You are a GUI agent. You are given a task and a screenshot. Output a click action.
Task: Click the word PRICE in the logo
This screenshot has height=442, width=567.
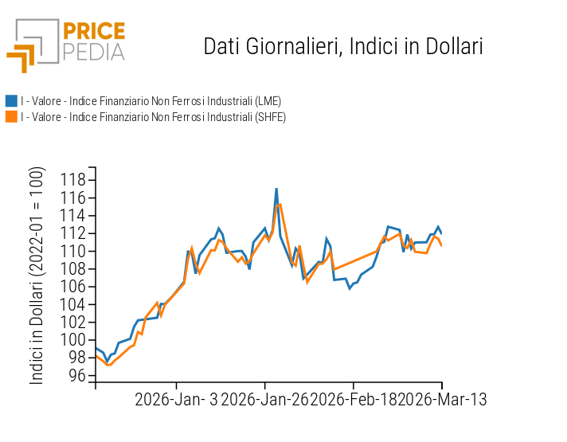[93, 32]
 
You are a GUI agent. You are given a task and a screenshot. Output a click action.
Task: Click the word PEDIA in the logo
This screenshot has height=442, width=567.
[93, 52]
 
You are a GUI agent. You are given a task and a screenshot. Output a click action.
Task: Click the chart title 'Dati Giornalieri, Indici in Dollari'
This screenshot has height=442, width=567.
[343, 45]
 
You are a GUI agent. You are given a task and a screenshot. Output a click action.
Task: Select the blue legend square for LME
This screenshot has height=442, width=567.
[11, 101]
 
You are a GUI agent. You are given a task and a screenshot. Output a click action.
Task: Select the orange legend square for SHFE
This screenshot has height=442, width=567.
[11, 117]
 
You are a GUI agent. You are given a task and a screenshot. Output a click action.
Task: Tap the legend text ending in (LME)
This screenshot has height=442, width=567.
[151, 101]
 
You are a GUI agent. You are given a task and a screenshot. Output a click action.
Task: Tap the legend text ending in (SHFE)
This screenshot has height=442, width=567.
[153, 117]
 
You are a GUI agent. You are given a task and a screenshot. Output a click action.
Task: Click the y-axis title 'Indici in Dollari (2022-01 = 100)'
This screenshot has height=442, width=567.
[37, 276]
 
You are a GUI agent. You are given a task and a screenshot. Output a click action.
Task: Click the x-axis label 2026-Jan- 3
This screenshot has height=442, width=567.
[176, 399]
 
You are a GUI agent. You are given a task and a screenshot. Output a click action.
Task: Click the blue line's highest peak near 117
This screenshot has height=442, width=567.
[276, 190]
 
